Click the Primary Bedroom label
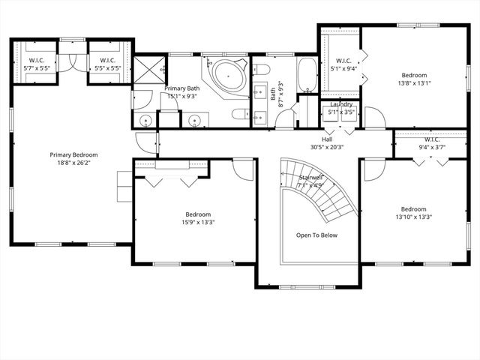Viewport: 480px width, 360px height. point(73,155)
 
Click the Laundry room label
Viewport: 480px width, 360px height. point(340,106)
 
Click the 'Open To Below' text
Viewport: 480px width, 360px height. point(316,235)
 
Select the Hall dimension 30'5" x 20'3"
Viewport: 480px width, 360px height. point(327,148)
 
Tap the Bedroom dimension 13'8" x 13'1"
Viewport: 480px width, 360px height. point(413,83)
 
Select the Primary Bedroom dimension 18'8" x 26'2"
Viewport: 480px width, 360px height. point(73,163)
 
